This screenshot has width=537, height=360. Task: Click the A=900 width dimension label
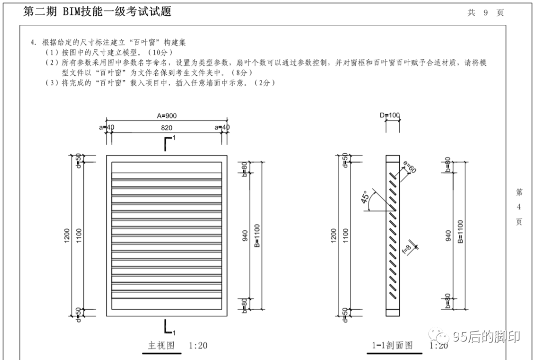(x=167, y=116)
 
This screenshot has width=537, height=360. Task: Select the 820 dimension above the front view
(x=167, y=128)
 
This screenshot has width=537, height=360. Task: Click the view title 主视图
(x=161, y=346)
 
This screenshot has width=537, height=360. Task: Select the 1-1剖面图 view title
(x=392, y=346)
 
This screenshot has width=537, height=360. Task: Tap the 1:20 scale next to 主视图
(x=198, y=346)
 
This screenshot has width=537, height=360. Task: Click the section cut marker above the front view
(x=168, y=143)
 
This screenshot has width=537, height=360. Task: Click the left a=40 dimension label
(x=106, y=128)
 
